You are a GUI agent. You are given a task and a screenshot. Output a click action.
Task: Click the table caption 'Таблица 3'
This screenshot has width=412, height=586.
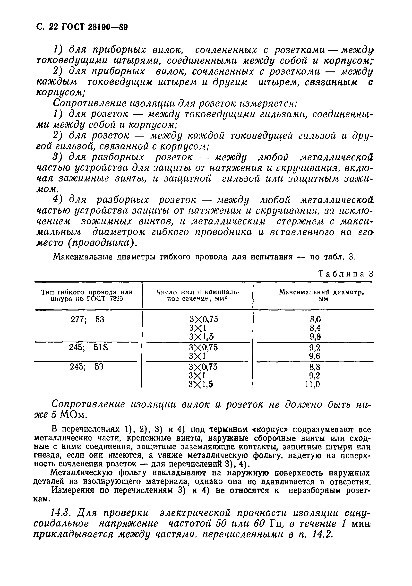(x=346, y=274)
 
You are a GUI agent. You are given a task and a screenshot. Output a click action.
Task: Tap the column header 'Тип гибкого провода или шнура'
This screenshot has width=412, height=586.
(x=87, y=295)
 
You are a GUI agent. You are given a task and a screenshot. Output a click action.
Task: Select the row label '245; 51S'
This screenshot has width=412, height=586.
(x=88, y=347)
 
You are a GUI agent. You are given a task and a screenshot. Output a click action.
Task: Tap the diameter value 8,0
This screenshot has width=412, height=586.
(x=315, y=319)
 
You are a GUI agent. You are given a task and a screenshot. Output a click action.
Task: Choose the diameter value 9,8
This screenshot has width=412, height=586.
(x=315, y=337)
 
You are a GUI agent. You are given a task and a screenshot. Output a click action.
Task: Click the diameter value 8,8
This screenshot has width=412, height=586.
(x=315, y=367)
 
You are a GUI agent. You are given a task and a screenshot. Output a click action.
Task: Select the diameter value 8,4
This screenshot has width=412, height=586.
(x=315, y=328)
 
